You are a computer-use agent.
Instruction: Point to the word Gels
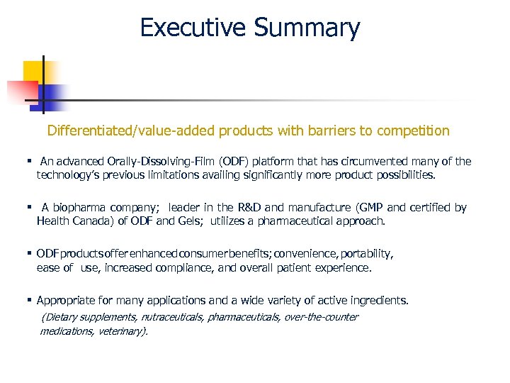[188, 221]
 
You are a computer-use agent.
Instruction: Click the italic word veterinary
[122, 331]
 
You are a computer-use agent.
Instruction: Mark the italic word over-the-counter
[321, 317]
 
